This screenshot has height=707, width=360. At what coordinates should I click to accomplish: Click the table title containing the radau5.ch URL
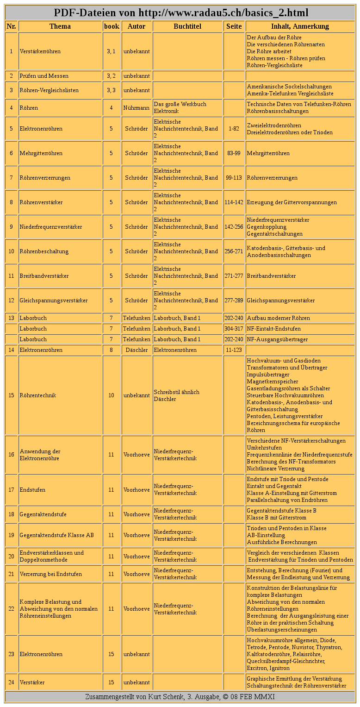point(180,13)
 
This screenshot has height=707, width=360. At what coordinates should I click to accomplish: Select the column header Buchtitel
point(187,26)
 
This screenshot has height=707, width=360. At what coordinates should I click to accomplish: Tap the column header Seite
point(234,26)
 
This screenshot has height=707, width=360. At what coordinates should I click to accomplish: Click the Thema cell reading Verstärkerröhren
point(40,51)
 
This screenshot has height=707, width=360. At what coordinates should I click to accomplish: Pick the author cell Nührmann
point(137,108)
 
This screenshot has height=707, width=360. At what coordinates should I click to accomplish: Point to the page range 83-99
point(234,153)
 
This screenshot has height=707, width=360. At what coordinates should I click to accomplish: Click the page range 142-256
point(234,227)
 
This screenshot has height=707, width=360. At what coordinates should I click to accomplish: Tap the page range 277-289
point(234,300)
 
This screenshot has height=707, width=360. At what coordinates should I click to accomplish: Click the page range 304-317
point(234,329)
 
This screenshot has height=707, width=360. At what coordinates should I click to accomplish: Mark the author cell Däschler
point(137,350)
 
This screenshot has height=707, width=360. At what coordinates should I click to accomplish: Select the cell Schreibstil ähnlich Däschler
point(176,395)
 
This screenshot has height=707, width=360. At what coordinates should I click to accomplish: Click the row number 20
point(12,557)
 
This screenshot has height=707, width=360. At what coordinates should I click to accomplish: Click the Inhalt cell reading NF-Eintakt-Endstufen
point(273,329)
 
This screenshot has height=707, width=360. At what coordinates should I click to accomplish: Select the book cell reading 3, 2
point(111,76)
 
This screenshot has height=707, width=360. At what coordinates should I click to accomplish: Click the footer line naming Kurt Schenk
point(180,697)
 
